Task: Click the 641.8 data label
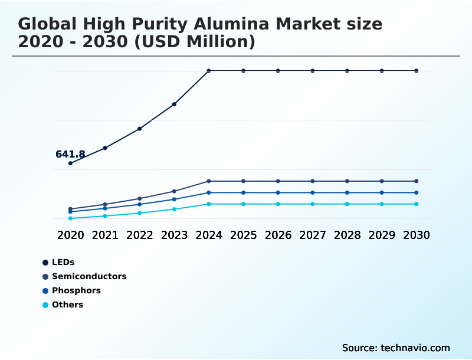[70, 155]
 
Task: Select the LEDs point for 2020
[71, 163]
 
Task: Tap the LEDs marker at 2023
[174, 104]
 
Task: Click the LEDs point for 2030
[417, 71]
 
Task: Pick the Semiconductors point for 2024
[209, 181]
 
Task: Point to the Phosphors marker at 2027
[313, 192]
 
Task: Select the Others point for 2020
[71, 218]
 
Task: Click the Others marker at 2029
[382, 204]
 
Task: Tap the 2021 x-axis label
[105, 235]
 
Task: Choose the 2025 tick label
[243, 235]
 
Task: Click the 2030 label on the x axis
[417, 235]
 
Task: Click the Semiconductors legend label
[89, 276]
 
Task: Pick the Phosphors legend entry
[76, 290]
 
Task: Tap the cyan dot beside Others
[45, 305]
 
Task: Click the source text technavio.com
[415, 348]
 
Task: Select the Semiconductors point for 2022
[140, 198]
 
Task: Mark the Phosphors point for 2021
[105, 208]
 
